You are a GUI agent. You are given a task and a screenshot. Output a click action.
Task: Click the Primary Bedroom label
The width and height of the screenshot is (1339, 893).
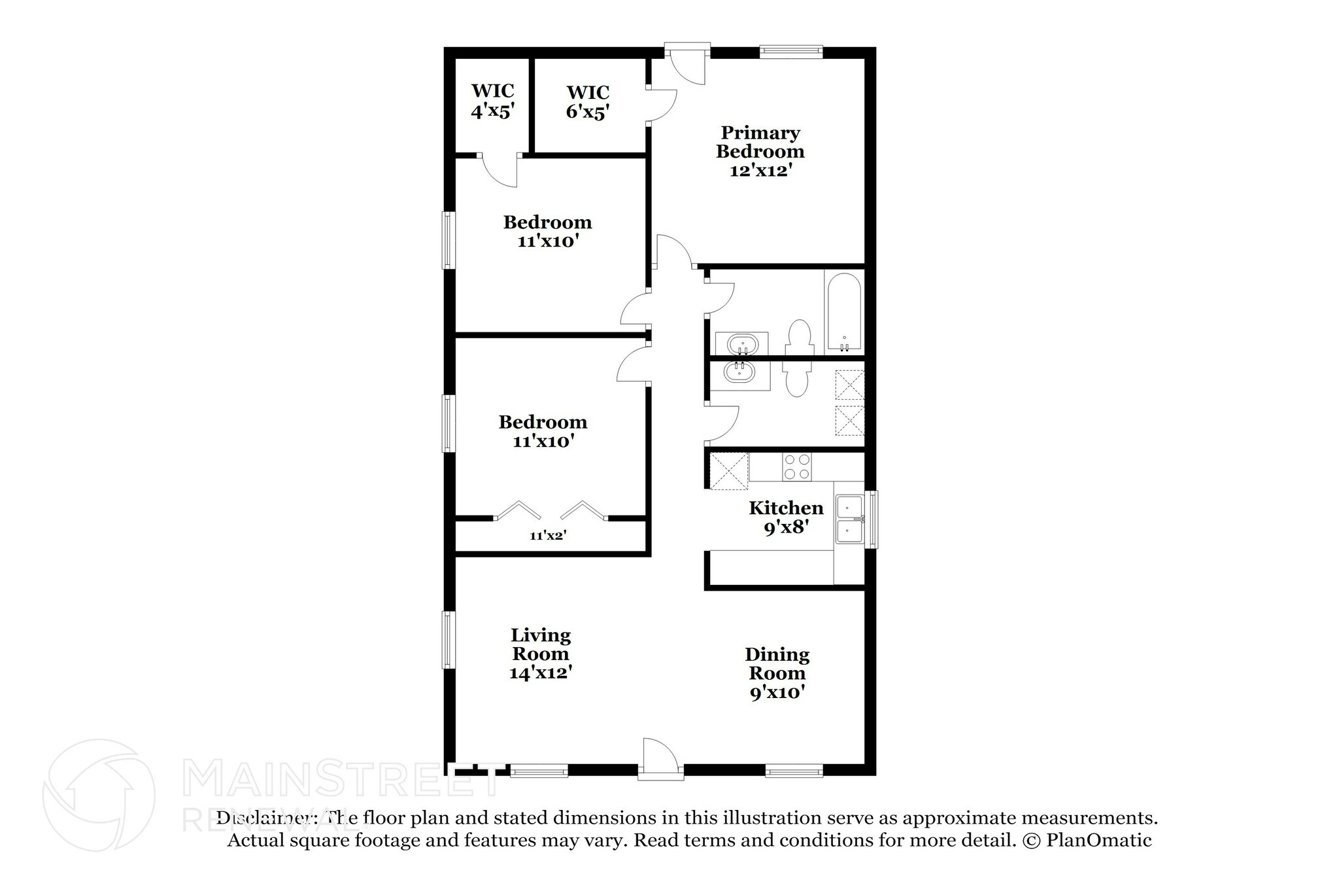760,152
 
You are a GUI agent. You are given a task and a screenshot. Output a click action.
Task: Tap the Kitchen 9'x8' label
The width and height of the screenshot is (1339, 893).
786,517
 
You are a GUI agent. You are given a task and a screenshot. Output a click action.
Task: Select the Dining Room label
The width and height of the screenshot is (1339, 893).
777,673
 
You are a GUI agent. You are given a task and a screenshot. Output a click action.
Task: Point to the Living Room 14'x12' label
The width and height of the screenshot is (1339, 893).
541,653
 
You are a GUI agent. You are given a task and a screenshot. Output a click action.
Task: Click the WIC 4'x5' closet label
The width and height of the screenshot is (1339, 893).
492,100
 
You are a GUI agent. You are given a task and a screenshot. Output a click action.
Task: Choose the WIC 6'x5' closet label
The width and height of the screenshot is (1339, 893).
588,101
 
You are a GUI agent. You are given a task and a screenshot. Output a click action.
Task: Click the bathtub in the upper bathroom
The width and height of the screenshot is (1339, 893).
844,312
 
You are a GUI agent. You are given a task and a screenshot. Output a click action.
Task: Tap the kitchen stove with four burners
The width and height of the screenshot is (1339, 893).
797,467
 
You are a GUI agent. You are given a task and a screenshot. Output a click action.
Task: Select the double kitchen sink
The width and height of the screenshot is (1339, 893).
850,520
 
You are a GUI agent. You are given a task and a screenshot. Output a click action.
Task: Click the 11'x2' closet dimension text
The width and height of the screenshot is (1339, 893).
548,536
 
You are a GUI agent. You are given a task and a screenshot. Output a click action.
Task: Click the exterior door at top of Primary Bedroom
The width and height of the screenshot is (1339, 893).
687,65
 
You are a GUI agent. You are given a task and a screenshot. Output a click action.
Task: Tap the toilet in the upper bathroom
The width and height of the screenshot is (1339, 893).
798,338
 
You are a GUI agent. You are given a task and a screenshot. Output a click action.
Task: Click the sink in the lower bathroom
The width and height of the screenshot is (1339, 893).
739,374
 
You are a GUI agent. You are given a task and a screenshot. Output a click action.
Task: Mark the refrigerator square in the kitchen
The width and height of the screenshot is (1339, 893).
728,471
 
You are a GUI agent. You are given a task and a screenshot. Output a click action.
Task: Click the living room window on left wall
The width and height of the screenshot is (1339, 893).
449,640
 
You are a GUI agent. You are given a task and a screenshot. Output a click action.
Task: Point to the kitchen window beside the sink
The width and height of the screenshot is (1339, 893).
872,519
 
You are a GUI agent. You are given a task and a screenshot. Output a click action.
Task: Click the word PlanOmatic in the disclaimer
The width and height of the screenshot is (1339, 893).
1098,841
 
